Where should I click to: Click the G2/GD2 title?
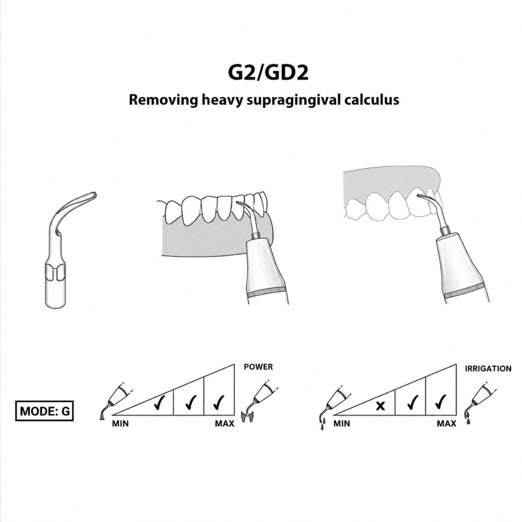pyautogui.click(x=268, y=73)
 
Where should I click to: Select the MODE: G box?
pyautogui.click(x=44, y=411)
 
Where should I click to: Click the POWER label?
pyautogui.click(x=258, y=367)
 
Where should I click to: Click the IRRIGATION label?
pyautogui.click(x=488, y=368)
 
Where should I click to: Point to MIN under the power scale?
pyautogui.click(x=120, y=424)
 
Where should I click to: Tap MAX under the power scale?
pyautogui.click(x=224, y=424)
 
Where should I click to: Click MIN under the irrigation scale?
pyautogui.click(x=342, y=424)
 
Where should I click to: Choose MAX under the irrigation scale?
pyautogui.click(x=447, y=424)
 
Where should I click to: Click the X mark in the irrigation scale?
pyautogui.click(x=380, y=406)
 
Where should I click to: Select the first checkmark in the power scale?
pyautogui.click(x=160, y=402)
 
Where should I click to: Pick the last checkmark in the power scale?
pyautogui.click(x=218, y=402)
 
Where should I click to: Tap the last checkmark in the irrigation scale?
pyautogui.click(x=440, y=402)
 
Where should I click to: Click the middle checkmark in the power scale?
pyautogui.click(x=191, y=402)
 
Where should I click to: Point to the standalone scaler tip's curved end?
pyautogui.click(x=94, y=195)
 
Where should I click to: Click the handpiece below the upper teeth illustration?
pyautogui.click(x=463, y=266)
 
